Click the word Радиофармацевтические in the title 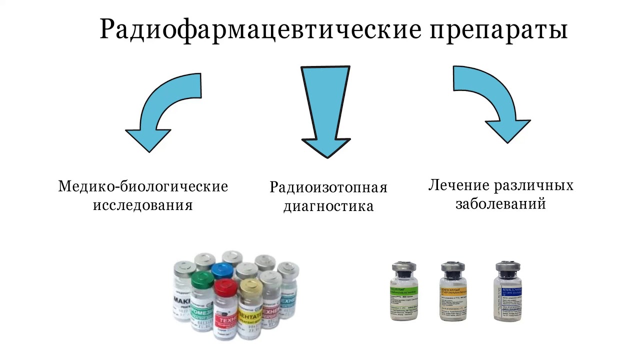click(x=260, y=29)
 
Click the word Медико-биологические click(x=143, y=186)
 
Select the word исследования click(x=143, y=205)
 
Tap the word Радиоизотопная click(x=328, y=187)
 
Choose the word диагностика click(x=328, y=206)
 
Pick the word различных click(x=534, y=185)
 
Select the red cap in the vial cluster click(x=225, y=288)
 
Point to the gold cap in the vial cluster click(x=250, y=286)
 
